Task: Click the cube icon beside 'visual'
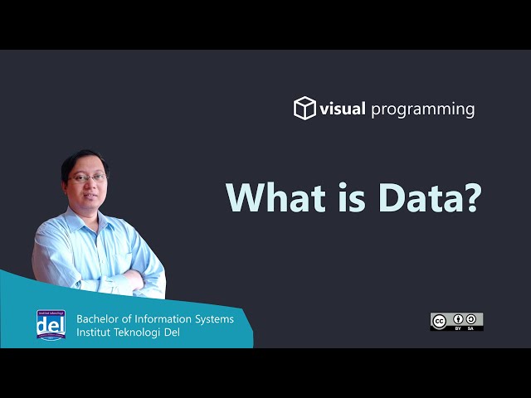pyautogui.click(x=304, y=109)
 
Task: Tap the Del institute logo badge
pyautogui.click(x=51, y=324)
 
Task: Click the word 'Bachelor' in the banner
pyautogui.click(x=99, y=319)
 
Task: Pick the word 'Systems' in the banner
pyautogui.click(x=215, y=319)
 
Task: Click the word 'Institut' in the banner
pyautogui.click(x=94, y=333)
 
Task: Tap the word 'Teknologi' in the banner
pyautogui.click(x=141, y=333)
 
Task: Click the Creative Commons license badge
pyautogui.click(x=456, y=322)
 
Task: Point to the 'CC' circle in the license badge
pyautogui.click(x=440, y=320)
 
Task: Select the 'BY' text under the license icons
pyautogui.click(x=458, y=328)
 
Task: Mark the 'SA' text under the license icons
pyautogui.click(x=471, y=328)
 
